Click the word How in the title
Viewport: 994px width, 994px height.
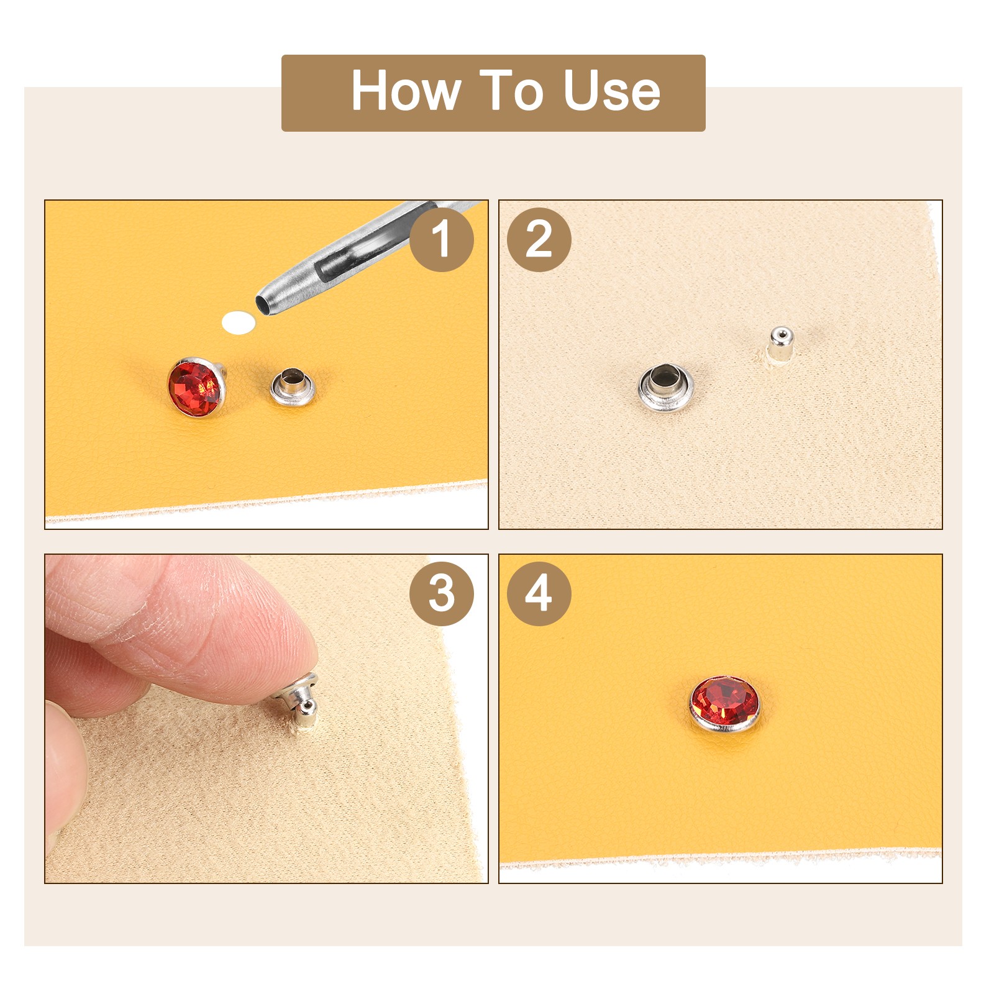[406, 91]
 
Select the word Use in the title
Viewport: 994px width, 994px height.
[611, 91]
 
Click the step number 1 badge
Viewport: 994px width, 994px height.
[441, 239]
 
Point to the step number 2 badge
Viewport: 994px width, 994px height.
[539, 239]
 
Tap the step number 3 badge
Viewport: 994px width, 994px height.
[441, 593]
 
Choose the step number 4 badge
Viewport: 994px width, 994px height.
[539, 593]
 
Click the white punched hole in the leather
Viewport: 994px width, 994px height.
[239, 322]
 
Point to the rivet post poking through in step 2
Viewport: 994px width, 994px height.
[779, 344]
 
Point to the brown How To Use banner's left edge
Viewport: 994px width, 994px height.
[283, 93]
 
